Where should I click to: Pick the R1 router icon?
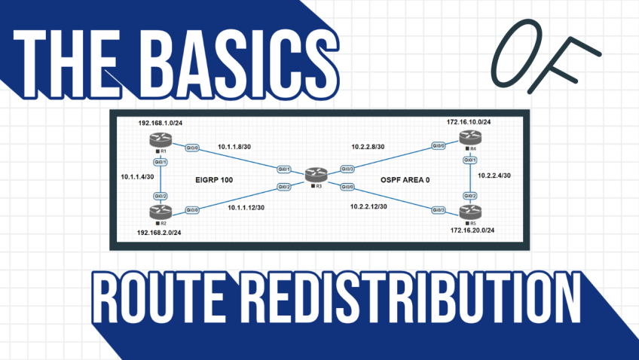click(x=160, y=139)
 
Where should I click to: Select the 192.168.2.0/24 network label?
click(x=160, y=233)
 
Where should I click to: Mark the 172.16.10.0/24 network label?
click(x=468, y=121)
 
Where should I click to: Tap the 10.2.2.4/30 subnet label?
click(x=494, y=175)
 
